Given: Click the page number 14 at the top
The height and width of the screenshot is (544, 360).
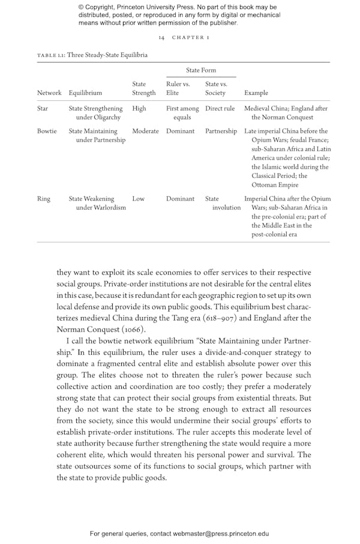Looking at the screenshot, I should point(161,37).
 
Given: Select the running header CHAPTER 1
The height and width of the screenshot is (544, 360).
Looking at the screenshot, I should point(191,37).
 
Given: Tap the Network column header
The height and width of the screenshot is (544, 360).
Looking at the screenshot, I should point(49,93).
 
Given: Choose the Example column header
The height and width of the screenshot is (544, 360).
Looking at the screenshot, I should point(257,93).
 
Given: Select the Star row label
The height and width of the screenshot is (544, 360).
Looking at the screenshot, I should point(43,109).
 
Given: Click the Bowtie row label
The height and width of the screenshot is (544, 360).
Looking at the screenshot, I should point(47,131).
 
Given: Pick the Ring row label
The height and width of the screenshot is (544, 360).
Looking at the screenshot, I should point(43,199).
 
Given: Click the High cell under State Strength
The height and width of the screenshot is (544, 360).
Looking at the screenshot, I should point(139,109).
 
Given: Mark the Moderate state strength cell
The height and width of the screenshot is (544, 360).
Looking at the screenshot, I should point(145,131).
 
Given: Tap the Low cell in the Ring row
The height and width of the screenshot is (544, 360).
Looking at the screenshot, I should point(138,199).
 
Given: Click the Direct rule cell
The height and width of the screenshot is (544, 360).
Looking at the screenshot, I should point(220,109).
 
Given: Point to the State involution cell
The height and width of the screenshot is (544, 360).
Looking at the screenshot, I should point(223,203).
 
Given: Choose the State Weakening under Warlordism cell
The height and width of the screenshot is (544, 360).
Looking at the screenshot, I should point(97,203).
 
